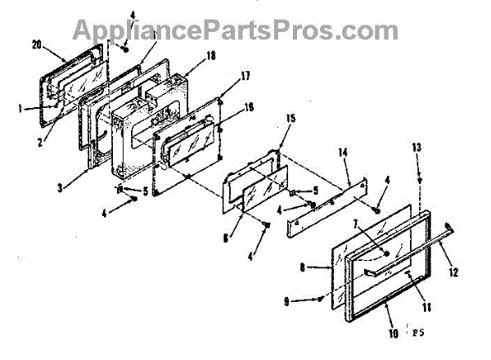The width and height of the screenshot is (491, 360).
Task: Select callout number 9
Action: click(x=309, y=302)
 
